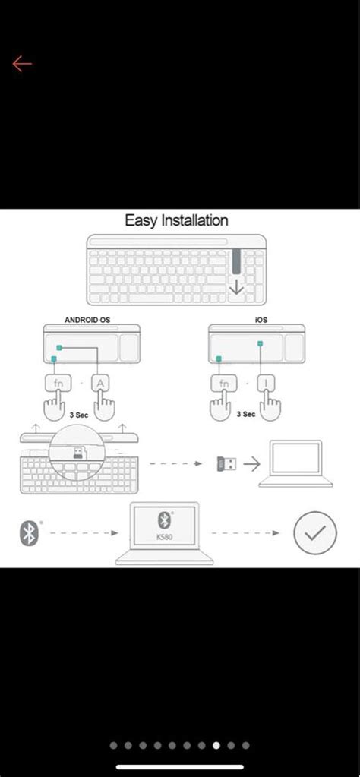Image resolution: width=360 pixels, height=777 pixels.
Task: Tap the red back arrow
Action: (22, 64)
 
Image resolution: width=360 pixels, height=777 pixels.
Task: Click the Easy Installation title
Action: (176, 221)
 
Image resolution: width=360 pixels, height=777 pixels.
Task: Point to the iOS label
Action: (261, 320)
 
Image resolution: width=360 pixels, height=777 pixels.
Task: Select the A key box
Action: (101, 384)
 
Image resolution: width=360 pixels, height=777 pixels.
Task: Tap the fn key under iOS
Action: (223, 384)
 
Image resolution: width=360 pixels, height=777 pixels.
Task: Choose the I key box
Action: (267, 384)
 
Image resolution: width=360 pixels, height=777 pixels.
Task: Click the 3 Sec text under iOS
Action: (245, 415)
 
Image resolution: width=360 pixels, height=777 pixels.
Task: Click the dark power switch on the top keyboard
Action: (236, 263)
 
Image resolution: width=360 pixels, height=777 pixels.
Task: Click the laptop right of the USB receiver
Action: (295, 463)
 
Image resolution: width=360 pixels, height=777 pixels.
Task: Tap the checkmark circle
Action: (314, 533)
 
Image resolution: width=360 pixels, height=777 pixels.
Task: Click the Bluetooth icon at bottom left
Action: (29, 533)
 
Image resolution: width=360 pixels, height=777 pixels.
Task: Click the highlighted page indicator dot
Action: (216, 745)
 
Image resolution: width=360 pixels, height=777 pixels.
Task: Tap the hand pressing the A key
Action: (105, 408)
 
